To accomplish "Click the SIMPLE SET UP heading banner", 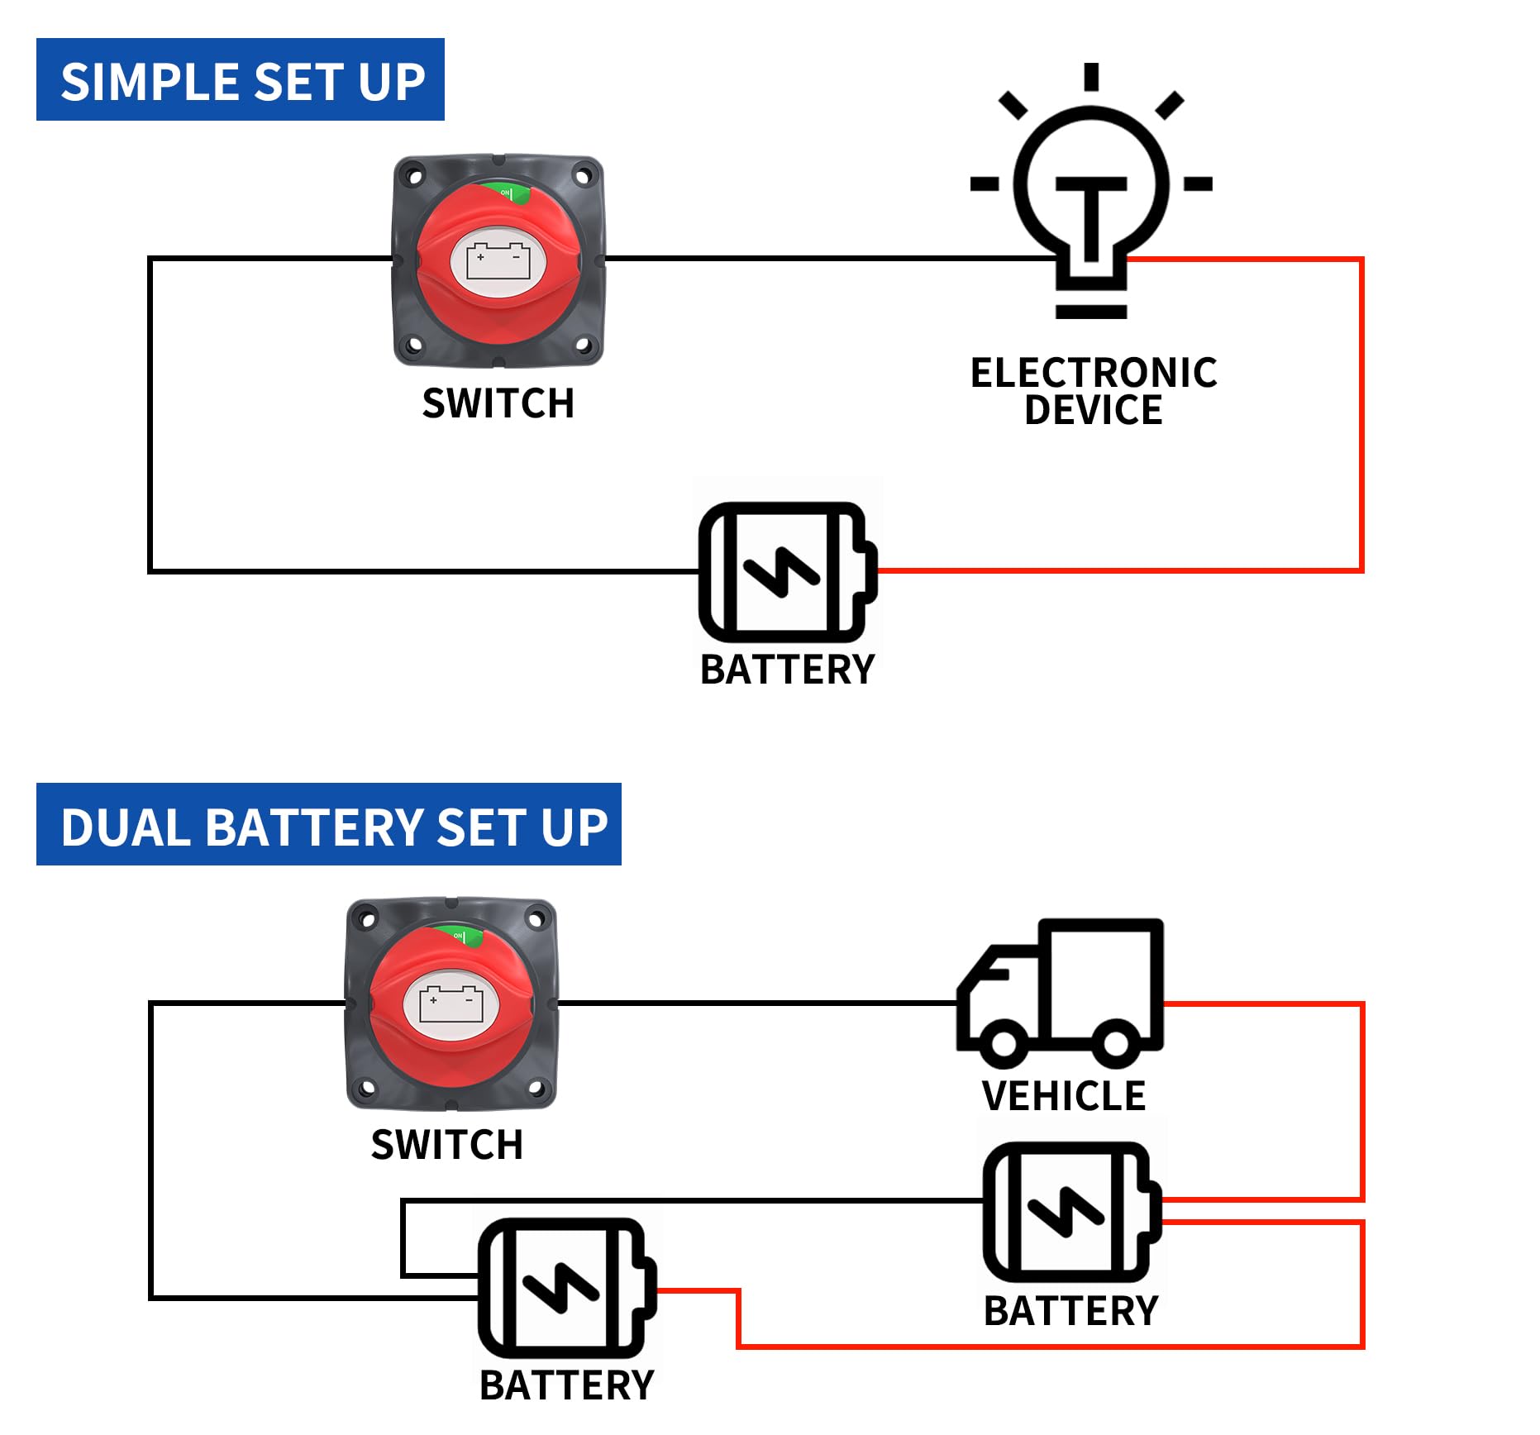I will (241, 80).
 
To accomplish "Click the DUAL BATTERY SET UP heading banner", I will (329, 825).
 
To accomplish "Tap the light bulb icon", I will (1091, 198).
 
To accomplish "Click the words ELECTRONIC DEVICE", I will (1093, 390).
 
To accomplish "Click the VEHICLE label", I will (1064, 1096).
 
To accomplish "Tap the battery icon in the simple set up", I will (786, 571).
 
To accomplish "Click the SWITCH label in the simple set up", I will (498, 403).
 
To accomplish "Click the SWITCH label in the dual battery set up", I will (446, 1145).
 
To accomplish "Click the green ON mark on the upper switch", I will (507, 193).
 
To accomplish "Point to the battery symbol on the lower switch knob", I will (451, 1004).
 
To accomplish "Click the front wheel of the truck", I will (1004, 1042).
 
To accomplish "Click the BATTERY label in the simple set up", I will (787, 670).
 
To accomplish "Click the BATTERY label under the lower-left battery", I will (566, 1385).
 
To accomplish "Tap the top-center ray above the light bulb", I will (1091, 76).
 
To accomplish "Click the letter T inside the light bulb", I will (1091, 217).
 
